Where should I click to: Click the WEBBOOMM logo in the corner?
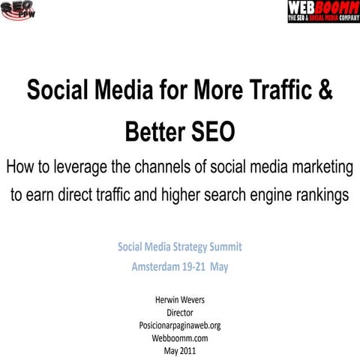[322, 11]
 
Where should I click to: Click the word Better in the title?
[157, 133]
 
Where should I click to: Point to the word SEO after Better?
[214, 133]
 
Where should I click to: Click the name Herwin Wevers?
[179, 300]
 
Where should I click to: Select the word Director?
[179, 313]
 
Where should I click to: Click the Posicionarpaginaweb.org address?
[179, 325]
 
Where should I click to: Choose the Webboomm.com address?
[179, 338]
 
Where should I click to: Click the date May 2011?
[179, 351]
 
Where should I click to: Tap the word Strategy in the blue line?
[179, 247]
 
